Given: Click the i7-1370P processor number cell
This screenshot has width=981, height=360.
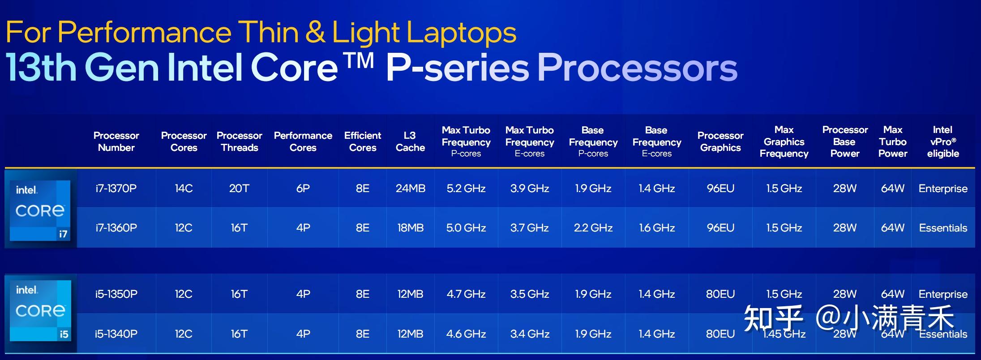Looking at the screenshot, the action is [x=116, y=189].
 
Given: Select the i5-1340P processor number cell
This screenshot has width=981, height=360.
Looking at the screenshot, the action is [x=116, y=334].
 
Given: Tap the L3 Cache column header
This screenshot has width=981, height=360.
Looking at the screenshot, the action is [x=410, y=141].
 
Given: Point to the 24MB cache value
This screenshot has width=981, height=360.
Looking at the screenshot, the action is [x=411, y=189].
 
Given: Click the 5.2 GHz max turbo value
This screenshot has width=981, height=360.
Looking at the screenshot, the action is [x=466, y=189].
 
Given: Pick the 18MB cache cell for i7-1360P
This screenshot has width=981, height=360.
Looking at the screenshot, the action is [x=411, y=228].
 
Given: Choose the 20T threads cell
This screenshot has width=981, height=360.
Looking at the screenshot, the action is [x=239, y=189].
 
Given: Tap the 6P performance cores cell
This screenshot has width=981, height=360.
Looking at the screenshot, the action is [x=303, y=189].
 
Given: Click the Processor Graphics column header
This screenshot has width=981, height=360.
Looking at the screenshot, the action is [x=720, y=141].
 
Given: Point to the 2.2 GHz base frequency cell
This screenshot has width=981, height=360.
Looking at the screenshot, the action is [x=593, y=228].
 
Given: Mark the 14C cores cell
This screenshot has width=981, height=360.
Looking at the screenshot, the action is [x=184, y=189].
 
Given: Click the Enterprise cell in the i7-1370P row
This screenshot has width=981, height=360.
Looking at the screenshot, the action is [x=943, y=189].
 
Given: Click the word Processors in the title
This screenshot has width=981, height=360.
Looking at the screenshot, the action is [x=637, y=68].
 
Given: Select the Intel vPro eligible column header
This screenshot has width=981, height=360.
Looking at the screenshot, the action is [x=943, y=141].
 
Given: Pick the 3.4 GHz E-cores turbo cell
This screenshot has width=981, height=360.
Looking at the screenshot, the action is [x=530, y=334].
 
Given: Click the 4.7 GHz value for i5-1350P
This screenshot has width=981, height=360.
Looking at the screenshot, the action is [x=466, y=294].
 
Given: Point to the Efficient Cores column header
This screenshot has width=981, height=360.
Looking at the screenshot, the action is [x=363, y=141].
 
